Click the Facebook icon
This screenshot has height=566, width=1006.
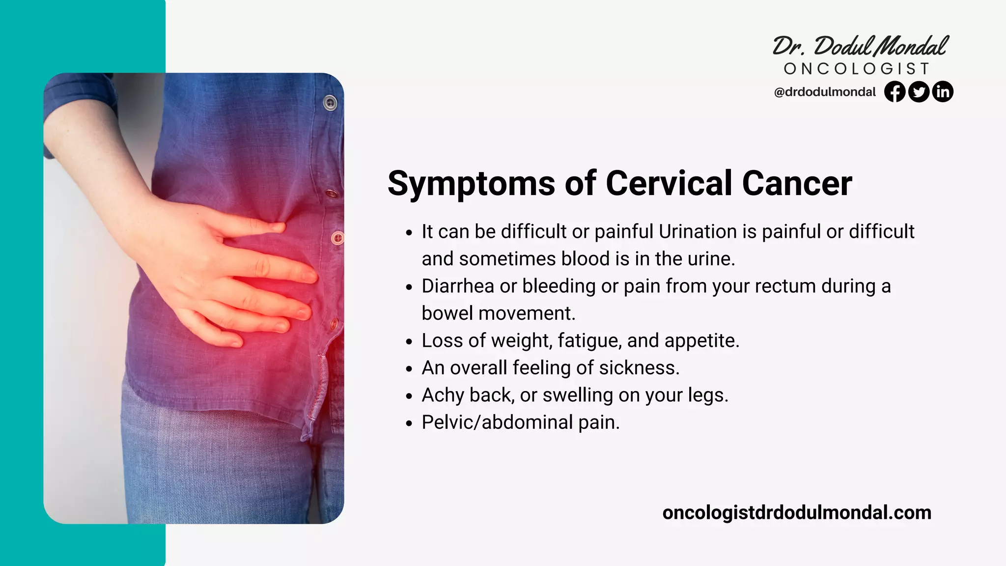coord(894,92)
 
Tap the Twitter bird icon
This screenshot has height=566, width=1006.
coord(919,92)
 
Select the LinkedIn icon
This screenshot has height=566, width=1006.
coord(943,92)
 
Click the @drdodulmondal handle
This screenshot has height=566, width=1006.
coord(825,92)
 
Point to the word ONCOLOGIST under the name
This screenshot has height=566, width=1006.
coord(857,69)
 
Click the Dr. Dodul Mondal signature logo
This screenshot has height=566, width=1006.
coord(860,46)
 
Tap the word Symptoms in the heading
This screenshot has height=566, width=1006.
coord(471,184)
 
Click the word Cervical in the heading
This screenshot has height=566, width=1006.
coord(669,184)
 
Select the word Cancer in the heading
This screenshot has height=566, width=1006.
coord(797,184)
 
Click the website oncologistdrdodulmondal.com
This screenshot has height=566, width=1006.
coord(796,512)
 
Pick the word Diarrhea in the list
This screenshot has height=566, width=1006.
coord(457,286)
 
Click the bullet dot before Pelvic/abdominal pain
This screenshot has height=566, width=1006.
coord(409,423)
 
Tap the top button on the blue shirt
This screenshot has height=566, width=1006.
coord(330,103)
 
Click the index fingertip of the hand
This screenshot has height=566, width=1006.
coord(278,227)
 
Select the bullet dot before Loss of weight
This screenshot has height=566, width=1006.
coord(409,341)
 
